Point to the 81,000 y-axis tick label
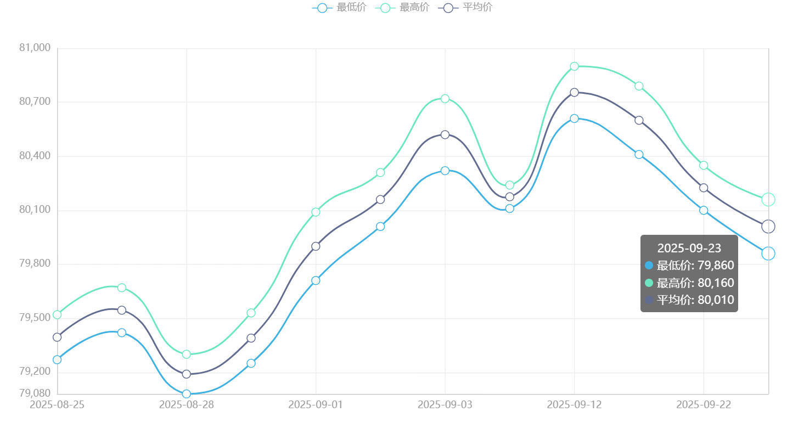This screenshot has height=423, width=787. pyautogui.click(x=35, y=48)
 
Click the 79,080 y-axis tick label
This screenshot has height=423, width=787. pyautogui.click(x=35, y=393)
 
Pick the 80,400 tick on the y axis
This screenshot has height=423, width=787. pyautogui.click(x=35, y=156)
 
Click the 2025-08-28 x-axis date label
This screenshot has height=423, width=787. pyautogui.click(x=187, y=405)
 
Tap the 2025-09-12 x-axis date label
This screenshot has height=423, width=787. pyautogui.click(x=574, y=405)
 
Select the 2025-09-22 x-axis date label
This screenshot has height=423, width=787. pyautogui.click(x=704, y=405)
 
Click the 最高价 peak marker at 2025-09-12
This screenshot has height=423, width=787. pyautogui.click(x=574, y=66)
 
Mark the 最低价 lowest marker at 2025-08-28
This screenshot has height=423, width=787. pyautogui.click(x=187, y=394)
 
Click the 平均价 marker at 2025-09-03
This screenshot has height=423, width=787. pyautogui.click(x=445, y=134)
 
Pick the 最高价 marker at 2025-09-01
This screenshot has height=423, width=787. pyautogui.click(x=316, y=212)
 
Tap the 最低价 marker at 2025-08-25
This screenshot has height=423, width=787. pyautogui.click(x=57, y=360)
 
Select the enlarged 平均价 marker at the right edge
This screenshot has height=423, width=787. pyautogui.click(x=768, y=226)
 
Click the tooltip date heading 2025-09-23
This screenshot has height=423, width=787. pyautogui.click(x=689, y=248)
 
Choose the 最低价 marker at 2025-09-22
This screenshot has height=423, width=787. pyautogui.click(x=704, y=211)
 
